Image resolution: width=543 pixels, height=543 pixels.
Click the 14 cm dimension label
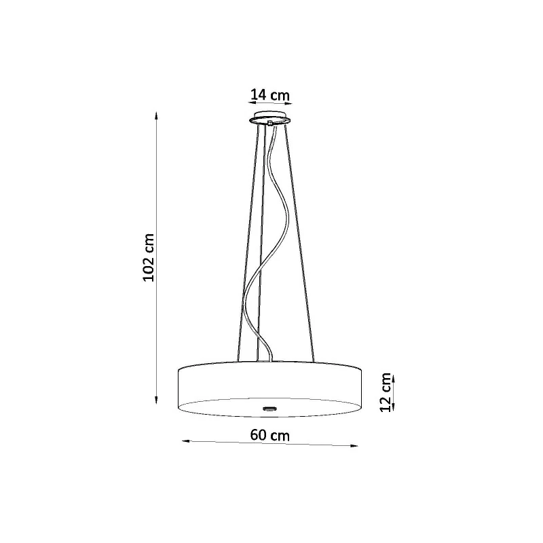(x=269, y=94)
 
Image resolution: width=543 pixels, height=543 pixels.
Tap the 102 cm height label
(x=149, y=258)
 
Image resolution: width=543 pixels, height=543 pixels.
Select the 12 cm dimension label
(x=386, y=392)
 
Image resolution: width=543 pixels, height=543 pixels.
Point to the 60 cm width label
(x=269, y=435)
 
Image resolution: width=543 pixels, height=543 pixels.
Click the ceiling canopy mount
(x=270, y=117)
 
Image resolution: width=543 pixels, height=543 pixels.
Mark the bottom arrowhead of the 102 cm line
(x=156, y=400)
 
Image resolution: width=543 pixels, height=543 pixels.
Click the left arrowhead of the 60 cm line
(x=186, y=441)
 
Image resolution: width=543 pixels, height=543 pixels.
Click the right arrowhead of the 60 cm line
(x=354, y=446)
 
